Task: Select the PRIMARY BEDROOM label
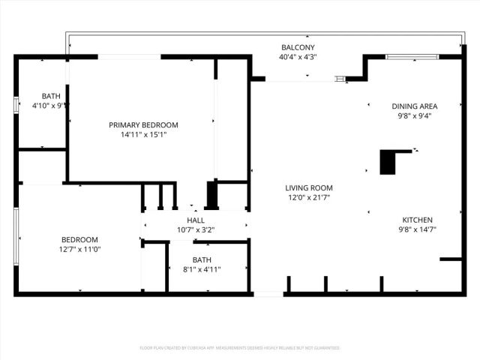pos(143,124)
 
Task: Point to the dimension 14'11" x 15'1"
pos(143,135)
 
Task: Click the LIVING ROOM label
pos(308,187)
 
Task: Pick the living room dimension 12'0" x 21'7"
pos(308,198)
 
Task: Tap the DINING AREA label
pos(415,106)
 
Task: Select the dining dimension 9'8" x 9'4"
pos(415,115)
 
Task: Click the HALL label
pos(196,220)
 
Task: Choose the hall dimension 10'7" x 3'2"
pos(196,230)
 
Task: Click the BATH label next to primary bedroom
pos(51,96)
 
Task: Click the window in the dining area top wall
pos(412,57)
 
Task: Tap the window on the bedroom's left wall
pos(16,235)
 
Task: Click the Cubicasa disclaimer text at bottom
pos(240,348)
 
